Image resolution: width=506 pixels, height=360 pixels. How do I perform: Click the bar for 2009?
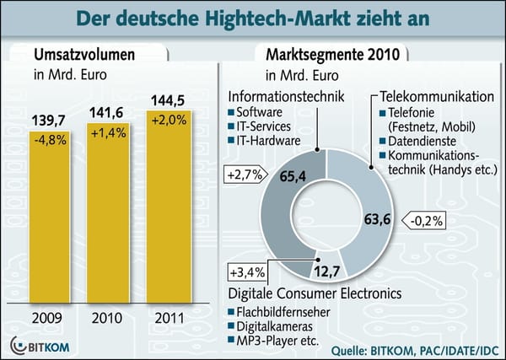click(50, 219)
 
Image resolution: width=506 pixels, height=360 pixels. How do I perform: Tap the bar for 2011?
click(170, 215)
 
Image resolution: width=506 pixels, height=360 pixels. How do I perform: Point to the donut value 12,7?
click(326, 271)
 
